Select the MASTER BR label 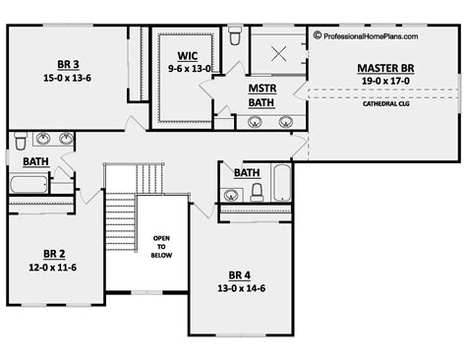pos(384,68)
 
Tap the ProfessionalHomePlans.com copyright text pos(365,35)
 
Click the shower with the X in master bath pos(278,53)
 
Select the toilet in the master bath pos(234,37)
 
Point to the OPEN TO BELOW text pos(161,246)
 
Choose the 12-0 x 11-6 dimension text pos(54,267)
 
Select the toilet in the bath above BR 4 pos(257,193)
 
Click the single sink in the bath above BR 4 pos(232,193)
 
